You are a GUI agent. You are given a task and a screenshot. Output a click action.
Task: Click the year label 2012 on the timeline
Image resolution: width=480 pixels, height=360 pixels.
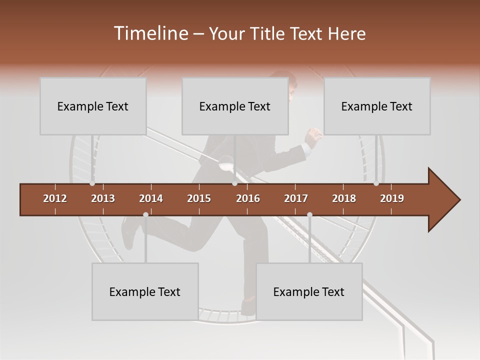tap(55, 198)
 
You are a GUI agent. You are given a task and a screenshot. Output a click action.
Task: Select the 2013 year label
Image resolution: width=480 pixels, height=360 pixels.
tap(103, 198)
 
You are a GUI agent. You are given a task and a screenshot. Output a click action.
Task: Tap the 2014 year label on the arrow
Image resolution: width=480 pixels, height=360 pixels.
tap(151, 198)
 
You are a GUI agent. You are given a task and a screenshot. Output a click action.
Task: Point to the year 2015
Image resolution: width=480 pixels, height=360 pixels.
tap(199, 198)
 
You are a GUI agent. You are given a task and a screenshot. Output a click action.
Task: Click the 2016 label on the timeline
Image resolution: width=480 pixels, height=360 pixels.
tap(248, 198)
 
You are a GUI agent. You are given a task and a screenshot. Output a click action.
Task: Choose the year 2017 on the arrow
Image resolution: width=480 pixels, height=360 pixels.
tap(296, 198)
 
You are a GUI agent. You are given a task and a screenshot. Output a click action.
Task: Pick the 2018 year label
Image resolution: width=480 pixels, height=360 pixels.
tap(344, 198)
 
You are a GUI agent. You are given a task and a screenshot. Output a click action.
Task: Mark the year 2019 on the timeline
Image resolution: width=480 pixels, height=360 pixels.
tap(392, 198)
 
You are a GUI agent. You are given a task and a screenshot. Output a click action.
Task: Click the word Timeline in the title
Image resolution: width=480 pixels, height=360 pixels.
tap(150, 33)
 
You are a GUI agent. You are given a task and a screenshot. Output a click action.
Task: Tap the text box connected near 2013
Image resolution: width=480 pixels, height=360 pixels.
tap(93, 106)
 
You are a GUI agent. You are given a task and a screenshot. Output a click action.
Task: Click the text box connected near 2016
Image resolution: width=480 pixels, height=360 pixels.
tap(235, 106)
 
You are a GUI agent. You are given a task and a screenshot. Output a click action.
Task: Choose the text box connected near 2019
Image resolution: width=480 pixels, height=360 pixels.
tap(377, 106)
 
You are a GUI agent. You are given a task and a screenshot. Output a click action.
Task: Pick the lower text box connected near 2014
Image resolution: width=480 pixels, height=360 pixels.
tap(145, 291)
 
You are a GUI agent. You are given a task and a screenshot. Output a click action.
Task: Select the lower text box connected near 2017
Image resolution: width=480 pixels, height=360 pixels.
tap(309, 291)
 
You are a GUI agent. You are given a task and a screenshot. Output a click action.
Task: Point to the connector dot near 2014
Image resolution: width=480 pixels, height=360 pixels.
tap(145, 214)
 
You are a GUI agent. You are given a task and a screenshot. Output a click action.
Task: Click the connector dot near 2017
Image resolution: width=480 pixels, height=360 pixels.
tap(309, 214)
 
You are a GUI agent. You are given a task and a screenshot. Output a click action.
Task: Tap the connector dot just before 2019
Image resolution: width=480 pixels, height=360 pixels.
tap(376, 183)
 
